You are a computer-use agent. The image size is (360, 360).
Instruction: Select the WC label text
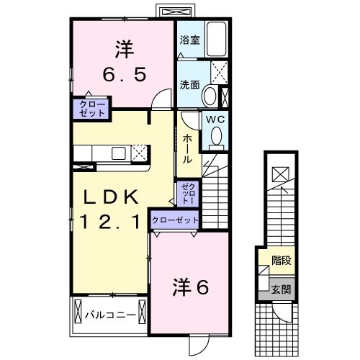coord(215,121)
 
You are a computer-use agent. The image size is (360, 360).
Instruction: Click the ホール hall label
coord(187,148)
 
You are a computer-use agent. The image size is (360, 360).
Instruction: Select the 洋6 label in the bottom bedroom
coord(190,287)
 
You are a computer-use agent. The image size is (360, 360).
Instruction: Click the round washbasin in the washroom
coord(208,94)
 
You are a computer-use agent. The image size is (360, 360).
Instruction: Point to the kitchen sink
coord(116,153)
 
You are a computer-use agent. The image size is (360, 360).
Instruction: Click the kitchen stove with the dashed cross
coord(138,153)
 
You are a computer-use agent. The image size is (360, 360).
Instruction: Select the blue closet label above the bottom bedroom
coord(175,220)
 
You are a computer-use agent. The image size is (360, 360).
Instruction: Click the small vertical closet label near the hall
coord(186,192)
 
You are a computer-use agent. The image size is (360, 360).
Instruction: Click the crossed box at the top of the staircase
coord(280,173)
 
